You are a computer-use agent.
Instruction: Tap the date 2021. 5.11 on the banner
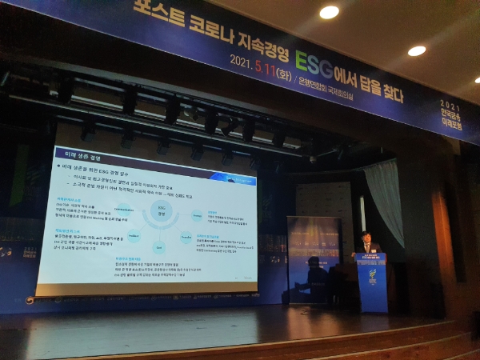click(254, 62)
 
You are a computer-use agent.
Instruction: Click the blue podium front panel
click(373, 283)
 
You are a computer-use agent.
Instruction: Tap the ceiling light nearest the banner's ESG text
click(329, 12)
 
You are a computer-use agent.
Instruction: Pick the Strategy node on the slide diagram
click(196, 214)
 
